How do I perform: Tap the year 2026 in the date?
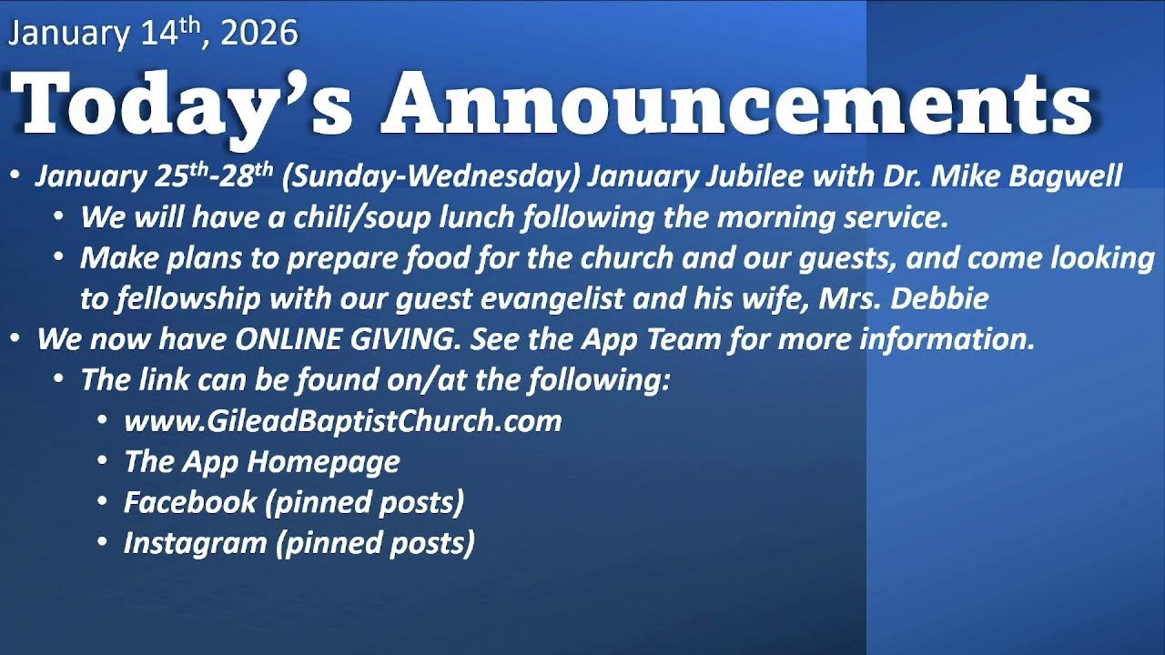coord(258,34)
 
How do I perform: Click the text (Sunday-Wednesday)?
coord(431,176)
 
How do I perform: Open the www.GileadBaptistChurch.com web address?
coord(342,421)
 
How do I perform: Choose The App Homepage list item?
coord(261,461)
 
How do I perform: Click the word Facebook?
coord(189,502)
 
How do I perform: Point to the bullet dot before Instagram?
coord(103,543)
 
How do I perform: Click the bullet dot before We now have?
coord(15,339)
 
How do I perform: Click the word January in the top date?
coord(68,34)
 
